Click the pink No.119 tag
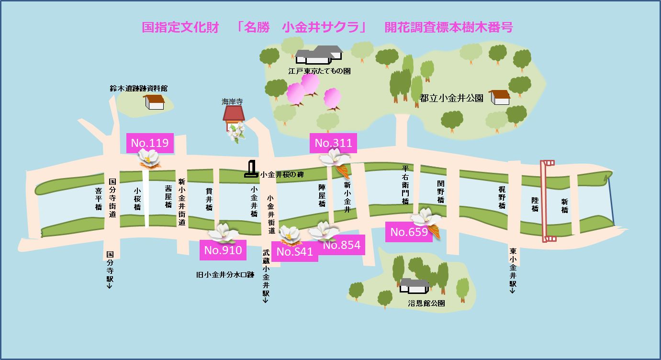150,143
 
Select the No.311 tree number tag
333,143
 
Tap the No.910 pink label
223,250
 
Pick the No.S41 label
294,252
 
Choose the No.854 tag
342,245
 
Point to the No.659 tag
409,232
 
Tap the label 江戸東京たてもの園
319,71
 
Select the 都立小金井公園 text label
451,98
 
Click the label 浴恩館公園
426,303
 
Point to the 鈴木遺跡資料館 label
139,88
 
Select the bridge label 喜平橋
99,198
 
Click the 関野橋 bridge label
441,191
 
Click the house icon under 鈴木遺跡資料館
155,101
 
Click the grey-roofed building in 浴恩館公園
415,286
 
